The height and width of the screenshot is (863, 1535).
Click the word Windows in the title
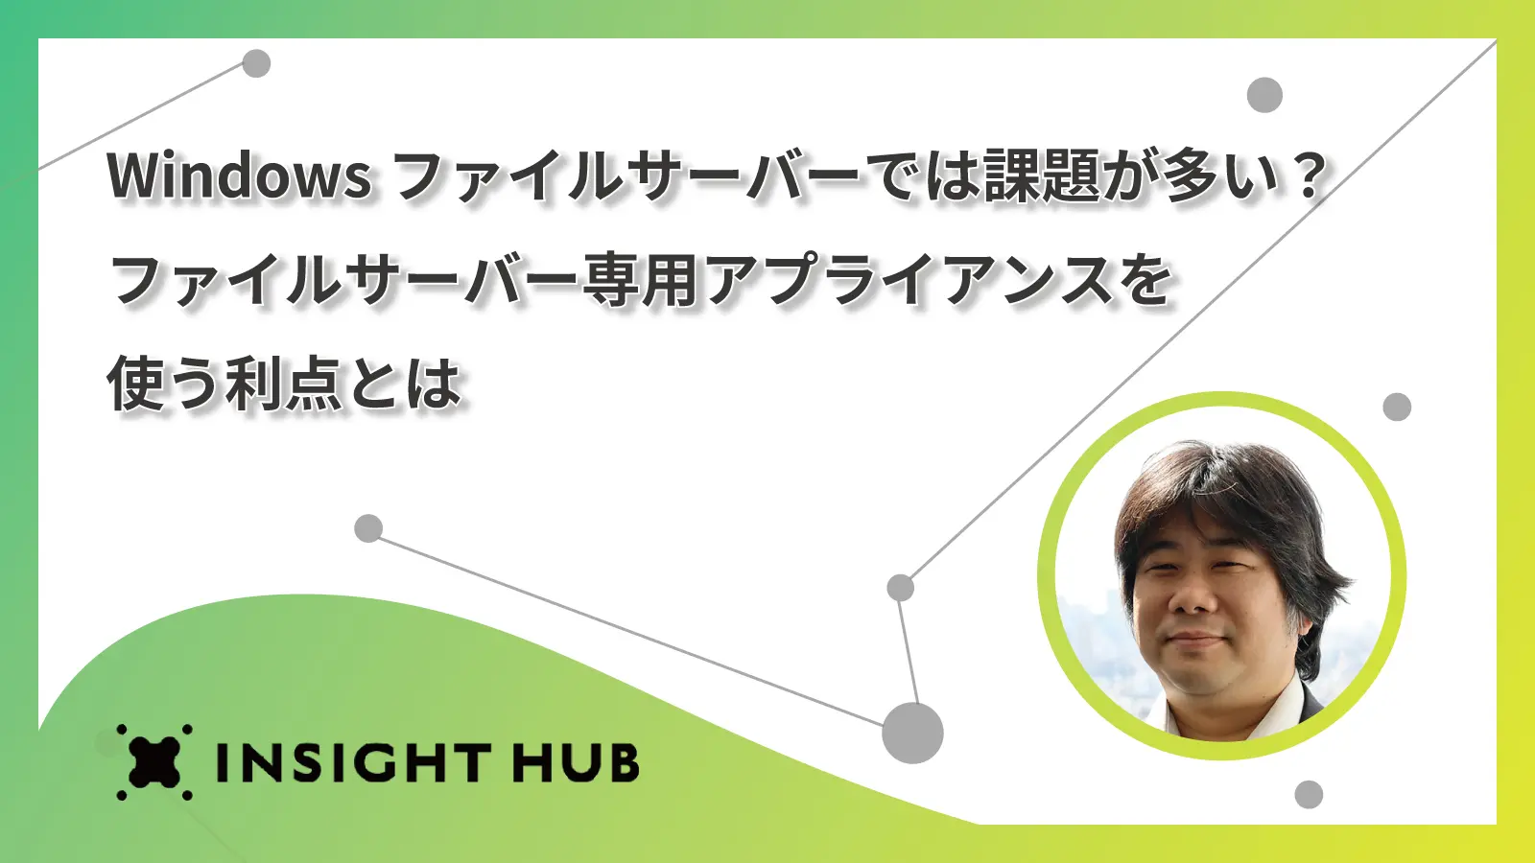(239, 176)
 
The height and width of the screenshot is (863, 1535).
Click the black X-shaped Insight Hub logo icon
(154, 761)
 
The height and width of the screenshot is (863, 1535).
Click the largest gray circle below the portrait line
(912, 733)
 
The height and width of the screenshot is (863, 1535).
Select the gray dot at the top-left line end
(256, 63)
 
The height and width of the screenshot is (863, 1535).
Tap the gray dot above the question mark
(1264, 95)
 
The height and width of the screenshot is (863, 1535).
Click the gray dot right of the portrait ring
(1397, 407)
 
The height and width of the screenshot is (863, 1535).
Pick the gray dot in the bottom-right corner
(1309, 795)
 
